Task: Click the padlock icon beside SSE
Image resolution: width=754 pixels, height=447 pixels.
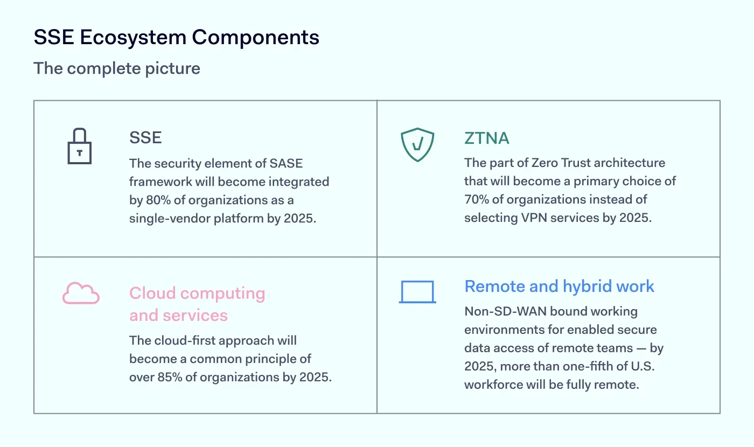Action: [x=80, y=146]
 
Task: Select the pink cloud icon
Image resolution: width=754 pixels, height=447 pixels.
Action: [x=81, y=294]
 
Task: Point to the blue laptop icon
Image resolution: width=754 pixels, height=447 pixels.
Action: [x=417, y=292]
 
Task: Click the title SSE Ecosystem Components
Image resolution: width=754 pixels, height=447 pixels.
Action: [x=176, y=37]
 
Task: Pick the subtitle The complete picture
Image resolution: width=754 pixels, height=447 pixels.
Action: [x=117, y=68]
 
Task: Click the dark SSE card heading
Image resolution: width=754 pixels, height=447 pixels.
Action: [x=145, y=138]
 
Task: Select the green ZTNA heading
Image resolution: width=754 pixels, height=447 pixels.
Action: [x=487, y=138]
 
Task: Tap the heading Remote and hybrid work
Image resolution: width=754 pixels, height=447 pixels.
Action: [x=559, y=286]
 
